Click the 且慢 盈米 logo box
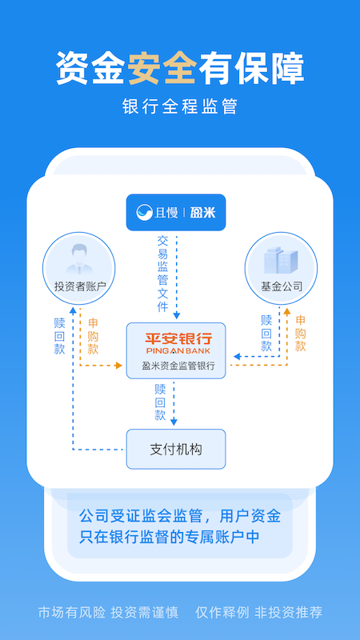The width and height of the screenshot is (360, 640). coord(176,212)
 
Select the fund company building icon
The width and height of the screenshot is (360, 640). coord(281,259)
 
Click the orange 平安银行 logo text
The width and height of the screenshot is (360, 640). coord(176,336)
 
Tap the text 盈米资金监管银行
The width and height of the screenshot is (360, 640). coord(176,366)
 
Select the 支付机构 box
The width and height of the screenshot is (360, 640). coord(176,449)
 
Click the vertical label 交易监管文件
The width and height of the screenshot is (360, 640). coord(163,273)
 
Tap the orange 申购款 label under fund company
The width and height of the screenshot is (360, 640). coord(301,334)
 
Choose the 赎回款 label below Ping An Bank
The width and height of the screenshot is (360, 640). coord(161,402)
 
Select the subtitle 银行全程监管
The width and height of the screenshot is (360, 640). coord(180,106)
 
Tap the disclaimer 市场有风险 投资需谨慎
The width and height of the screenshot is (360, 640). coord(110,613)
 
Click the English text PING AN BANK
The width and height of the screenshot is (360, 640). coord(176,350)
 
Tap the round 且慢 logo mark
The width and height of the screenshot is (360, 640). coord(145,213)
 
